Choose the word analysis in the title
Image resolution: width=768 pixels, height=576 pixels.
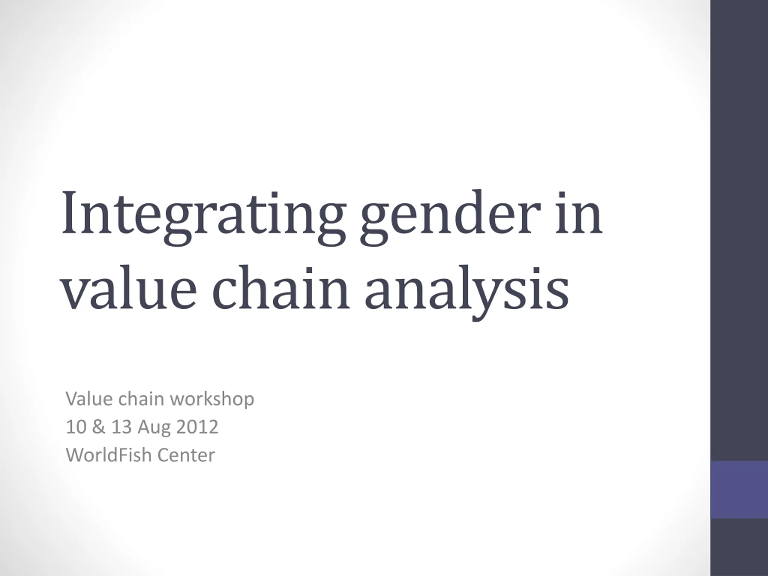[466, 294]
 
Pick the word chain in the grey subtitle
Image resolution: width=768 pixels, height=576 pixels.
[141, 399]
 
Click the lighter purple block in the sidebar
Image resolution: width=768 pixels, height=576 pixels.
[739, 490]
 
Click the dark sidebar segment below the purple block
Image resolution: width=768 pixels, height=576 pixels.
[739, 547]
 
